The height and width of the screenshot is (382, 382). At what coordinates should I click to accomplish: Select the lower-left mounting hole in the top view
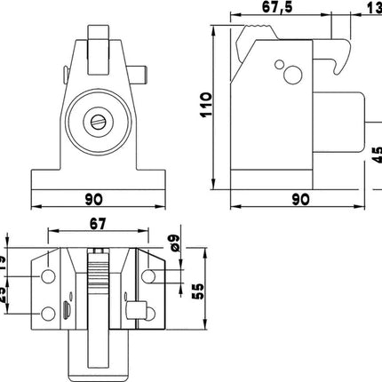point(45,314)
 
